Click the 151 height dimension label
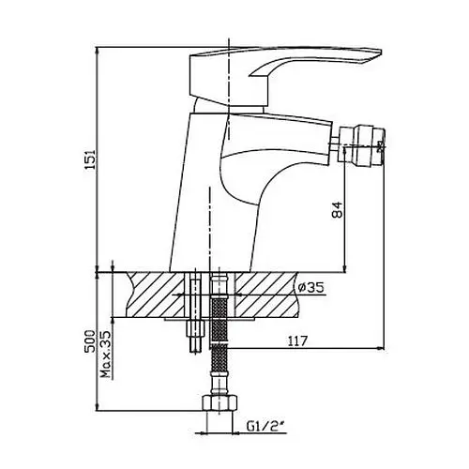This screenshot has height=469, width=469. coord(90,159)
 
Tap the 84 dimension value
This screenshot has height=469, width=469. coord(337,210)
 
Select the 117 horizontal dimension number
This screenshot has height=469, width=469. coord(297,340)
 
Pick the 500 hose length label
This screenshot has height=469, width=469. coord(90,340)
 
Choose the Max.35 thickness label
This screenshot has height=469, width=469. coord(106,355)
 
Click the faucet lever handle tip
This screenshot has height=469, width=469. coord(381,52)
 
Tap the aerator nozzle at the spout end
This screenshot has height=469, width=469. coord(363,145)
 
